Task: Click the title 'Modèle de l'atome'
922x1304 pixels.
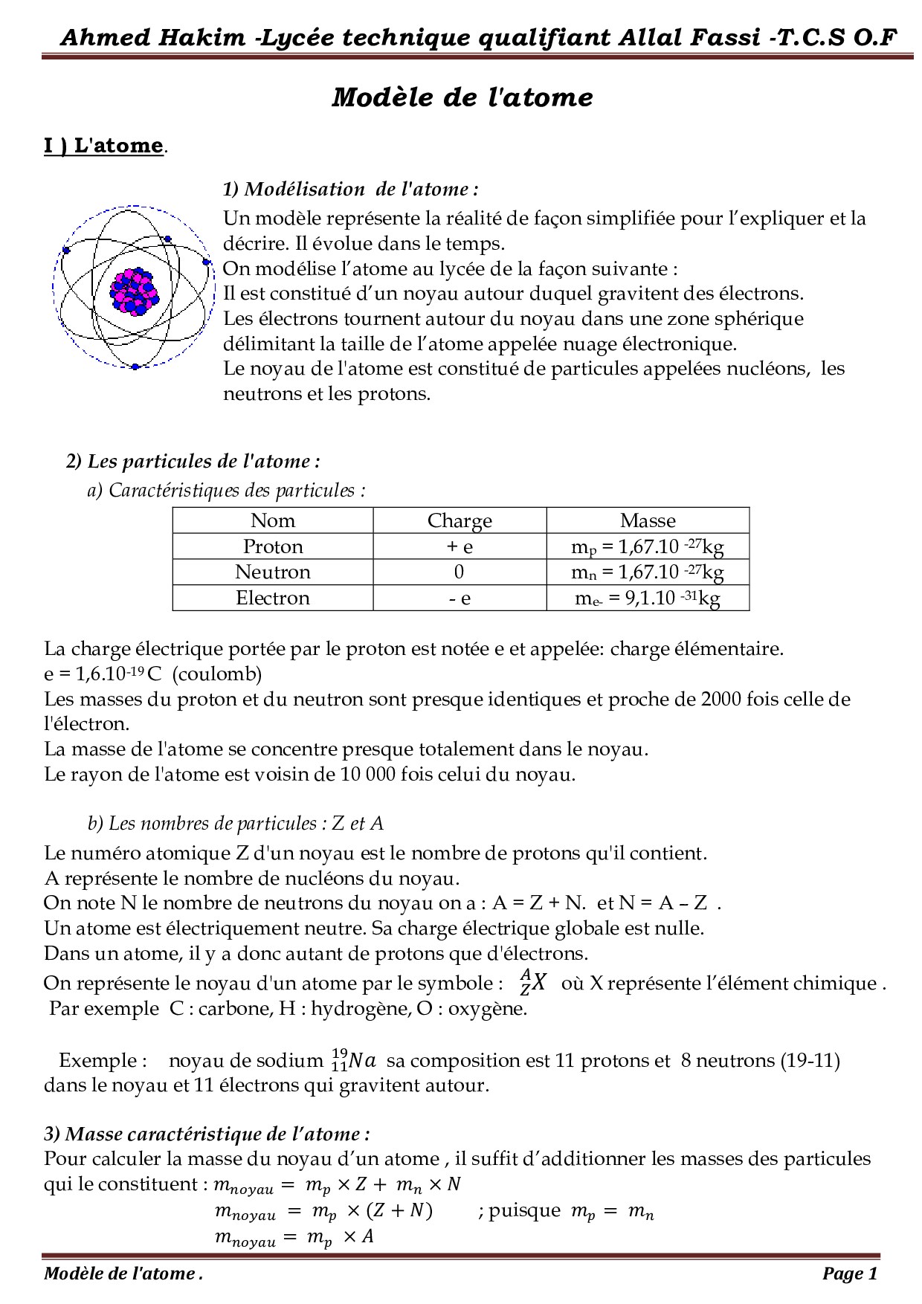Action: tap(462, 97)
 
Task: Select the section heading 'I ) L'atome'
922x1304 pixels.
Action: tap(103, 145)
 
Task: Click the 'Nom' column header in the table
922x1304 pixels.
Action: tap(273, 520)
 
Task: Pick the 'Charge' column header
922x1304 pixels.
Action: tap(460, 520)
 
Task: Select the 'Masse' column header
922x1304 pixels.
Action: tap(648, 520)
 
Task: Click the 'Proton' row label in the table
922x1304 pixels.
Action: tap(273, 546)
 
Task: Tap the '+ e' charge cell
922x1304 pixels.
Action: tap(460, 546)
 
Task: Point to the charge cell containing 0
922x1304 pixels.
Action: tap(459, 572)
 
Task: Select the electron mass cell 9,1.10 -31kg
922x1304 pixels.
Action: tap(648, 598)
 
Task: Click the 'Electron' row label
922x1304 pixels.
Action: tap(273, 598)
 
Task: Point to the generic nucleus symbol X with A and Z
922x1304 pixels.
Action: tap(533, 982)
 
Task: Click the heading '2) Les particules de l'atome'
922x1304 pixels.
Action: tap(193, 461)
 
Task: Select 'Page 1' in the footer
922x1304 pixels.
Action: tap(850, 1274)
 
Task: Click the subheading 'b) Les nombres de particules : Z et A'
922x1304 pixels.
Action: tap(235, 823)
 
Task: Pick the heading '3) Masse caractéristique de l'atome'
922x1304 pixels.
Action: tap(207, 1134)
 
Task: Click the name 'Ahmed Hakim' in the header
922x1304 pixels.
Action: tap(152, 37)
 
